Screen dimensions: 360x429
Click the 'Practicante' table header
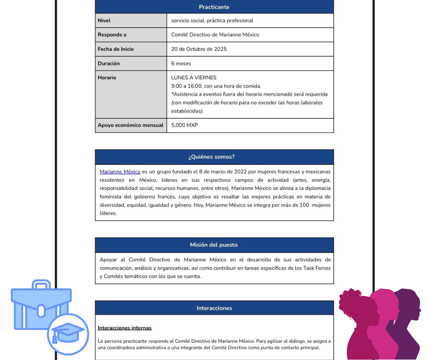tap(214, 7)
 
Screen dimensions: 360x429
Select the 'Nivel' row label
tap(104, 21)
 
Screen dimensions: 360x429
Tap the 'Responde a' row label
tap(112, 35)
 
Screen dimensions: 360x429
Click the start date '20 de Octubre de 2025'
tap(199, 49)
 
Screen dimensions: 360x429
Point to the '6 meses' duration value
tap(181, 64)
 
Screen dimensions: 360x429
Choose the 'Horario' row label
tap(107, 78)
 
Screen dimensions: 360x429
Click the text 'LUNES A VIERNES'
tap(194, 78)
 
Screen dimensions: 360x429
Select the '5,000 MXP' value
tap(184, 125)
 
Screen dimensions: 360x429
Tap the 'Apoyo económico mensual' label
tap(131, 125)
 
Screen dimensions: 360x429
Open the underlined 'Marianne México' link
tap(120, 172)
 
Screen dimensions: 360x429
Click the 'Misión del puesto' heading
tap(214, 245)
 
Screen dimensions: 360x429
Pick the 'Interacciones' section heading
tap(214, 308)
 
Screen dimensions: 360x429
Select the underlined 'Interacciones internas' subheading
tap(125, 328)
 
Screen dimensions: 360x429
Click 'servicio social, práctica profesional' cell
tap(212, 21)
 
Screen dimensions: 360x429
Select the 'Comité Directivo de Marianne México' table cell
tap(215, 35)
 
